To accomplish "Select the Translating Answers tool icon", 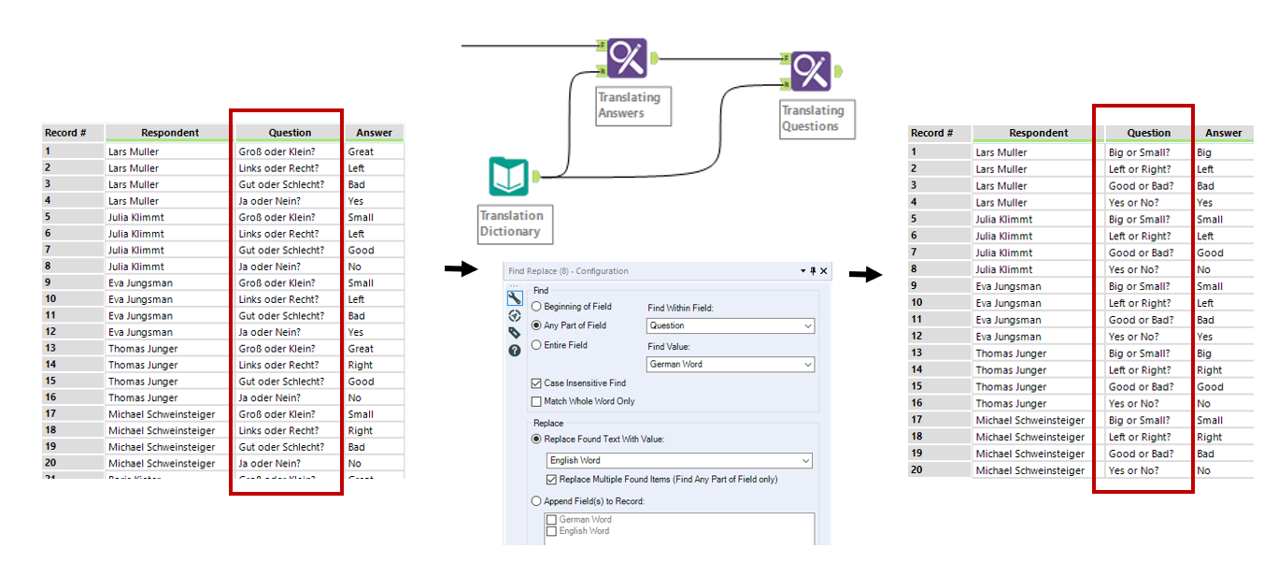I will click(x=627, y=58).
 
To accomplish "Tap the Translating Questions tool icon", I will click(x=811, y=71).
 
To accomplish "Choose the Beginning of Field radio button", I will click(x=536, y=307).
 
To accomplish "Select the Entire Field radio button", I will click(x=536, y=345).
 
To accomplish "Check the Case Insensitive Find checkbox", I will click(x=536, y=383).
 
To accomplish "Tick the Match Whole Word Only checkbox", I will click(x=536, y=401).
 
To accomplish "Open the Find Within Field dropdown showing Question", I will click(x=730, y=325).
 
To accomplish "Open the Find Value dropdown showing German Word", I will click(x=730, y=365).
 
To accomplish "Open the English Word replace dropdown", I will click(x=679, y=461).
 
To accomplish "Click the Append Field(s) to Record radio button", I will click(x=536, y=501).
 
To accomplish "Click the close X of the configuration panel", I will click(x=824, y=271).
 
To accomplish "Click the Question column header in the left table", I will click(x=290, y=133).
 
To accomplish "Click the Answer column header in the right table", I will click(x=1223, y=133).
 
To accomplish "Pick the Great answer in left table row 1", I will click(x=361, y=151).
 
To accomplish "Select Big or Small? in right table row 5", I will click(x=1139, y=220).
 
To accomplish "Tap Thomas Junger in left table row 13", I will click(x=143, y=349).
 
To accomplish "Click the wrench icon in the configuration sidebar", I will click(x=514, y=298).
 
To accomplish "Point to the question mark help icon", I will click(x=514, y=351).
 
